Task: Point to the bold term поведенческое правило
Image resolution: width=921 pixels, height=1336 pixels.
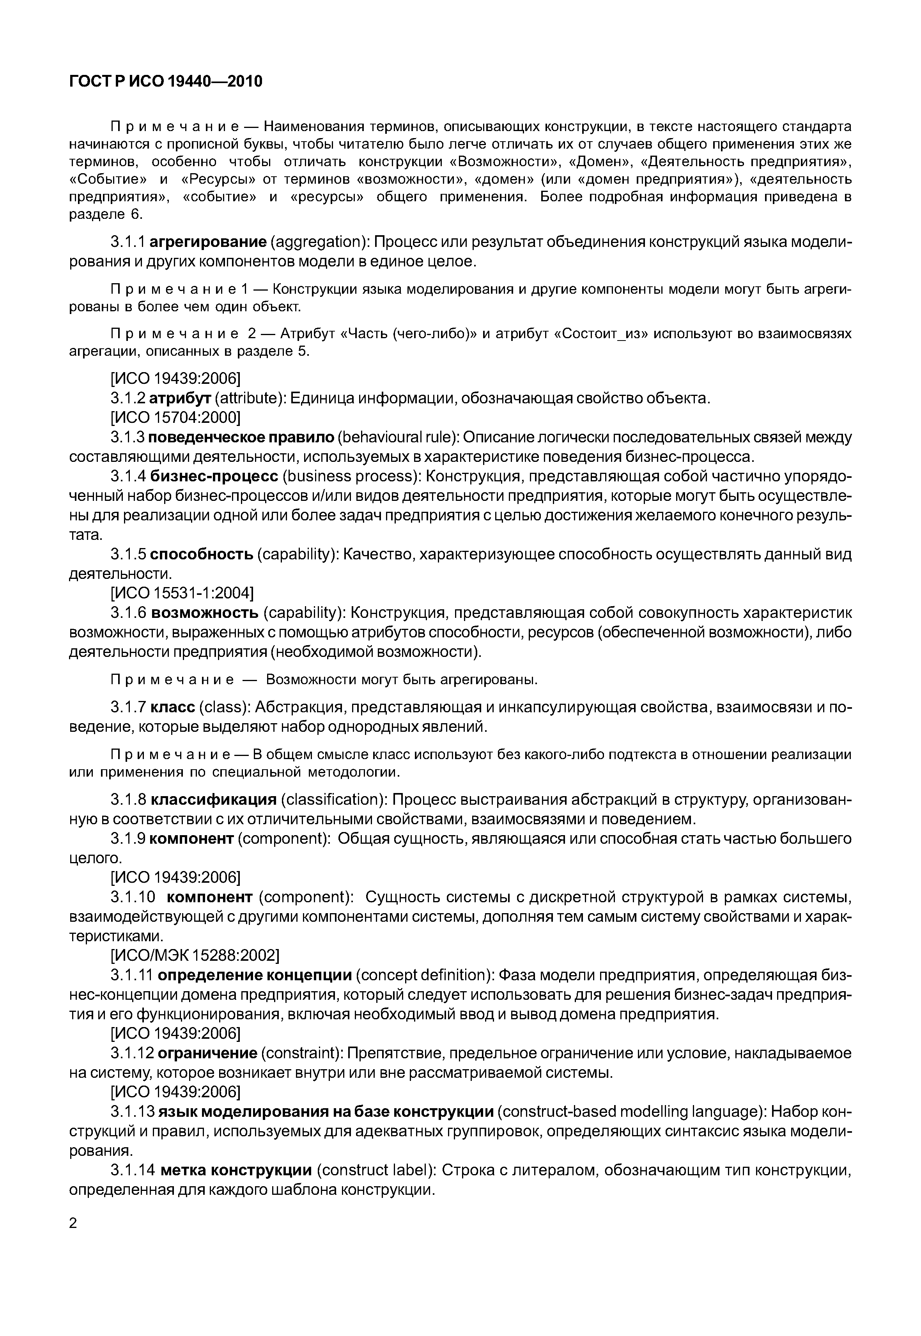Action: pyautogui.click(x=242, y=437)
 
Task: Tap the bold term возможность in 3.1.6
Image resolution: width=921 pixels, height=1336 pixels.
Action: pyautogui.click(x=204, y=612)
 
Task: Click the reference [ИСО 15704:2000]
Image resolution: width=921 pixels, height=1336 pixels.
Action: pyautogui.click(x=175, y=417)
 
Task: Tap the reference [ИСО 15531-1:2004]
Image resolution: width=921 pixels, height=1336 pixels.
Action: pyautogui.click(x=182, y=593)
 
